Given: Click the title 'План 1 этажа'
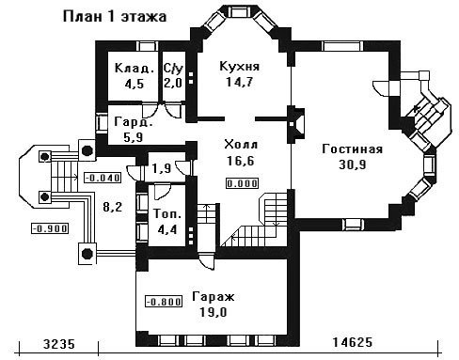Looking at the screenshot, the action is coord(115,17).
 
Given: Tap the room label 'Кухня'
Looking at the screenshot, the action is coord(240,67).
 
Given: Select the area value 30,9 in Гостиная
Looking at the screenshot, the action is coord(353,164).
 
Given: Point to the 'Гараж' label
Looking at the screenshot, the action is coord(214,296).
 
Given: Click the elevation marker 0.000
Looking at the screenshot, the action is coord(243,183).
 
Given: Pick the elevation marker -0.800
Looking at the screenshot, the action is coord(164,302).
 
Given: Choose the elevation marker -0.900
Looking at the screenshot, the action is coord(50,228).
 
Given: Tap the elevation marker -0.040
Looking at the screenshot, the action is coord(103,178).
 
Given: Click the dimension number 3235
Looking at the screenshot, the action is coord(59,344).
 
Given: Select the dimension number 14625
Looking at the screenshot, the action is coord(353,342).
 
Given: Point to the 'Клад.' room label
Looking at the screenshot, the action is coord(135,68).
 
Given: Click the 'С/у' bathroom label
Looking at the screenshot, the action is coord(173,68).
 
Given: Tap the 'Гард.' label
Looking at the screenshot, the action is coord(134,122).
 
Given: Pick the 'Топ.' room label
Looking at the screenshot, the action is coord(167,214).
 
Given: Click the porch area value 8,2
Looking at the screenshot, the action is coord(112,207).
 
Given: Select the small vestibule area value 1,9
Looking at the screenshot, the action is coord(162,168).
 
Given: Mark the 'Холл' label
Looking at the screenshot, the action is coord(241,145).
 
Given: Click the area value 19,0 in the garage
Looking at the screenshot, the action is coord(213,312).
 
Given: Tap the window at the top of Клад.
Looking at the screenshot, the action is coord(148,46).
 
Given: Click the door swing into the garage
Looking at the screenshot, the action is coord(207,261).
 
